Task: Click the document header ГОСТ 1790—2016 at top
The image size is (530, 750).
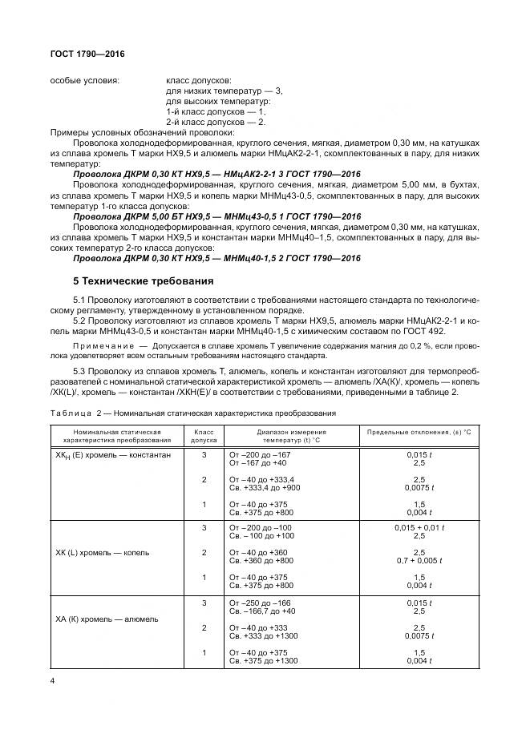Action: (x=87, y=54)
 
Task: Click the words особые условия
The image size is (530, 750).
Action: (x=85, y=81)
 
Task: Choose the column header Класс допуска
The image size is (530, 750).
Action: (x=204, y=435)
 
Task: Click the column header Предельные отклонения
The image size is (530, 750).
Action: (x=418, y=430)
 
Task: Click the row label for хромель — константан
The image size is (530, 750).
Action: (x=112, y=454)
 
